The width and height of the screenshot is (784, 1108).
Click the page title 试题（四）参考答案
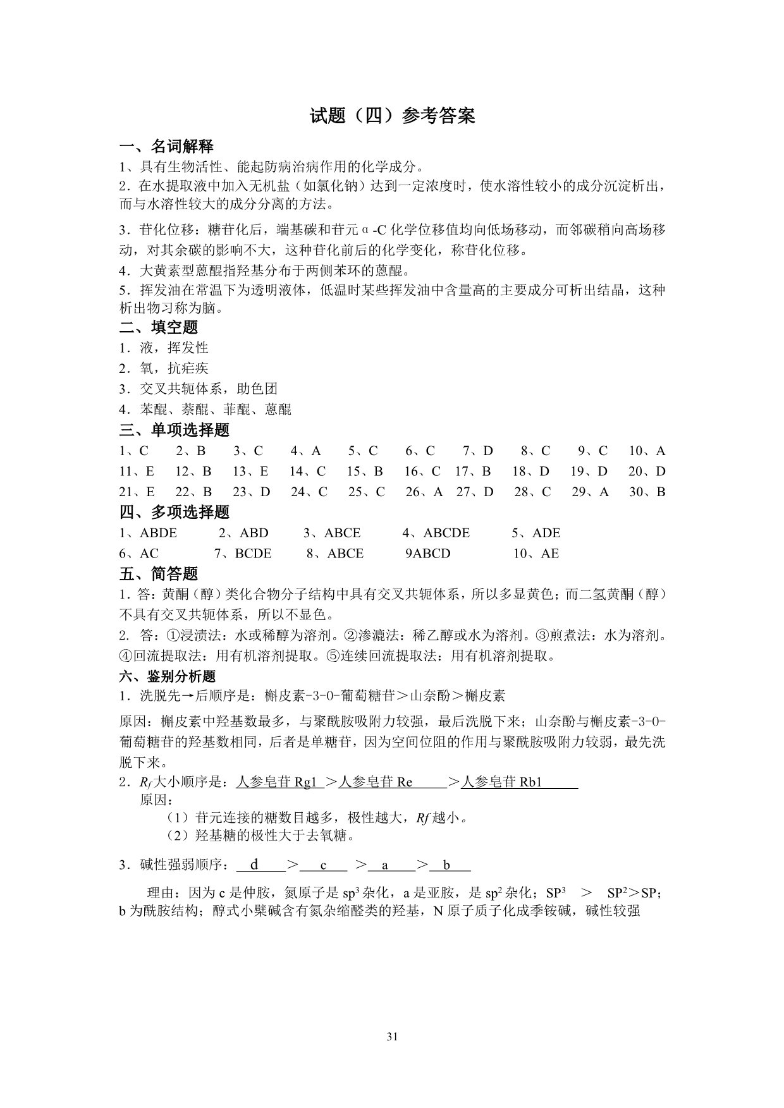(x=392, y=116)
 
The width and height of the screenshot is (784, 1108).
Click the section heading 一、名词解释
(x=166, y=147)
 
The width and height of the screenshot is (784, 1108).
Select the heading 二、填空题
(x=159, y=327)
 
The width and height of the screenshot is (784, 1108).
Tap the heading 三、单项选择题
(x=175, y=430)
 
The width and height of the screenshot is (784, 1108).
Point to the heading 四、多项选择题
(x=175, y=512)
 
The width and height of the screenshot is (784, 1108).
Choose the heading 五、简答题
(x=159, y=574)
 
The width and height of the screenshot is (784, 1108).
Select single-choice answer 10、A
(x=647, y=451)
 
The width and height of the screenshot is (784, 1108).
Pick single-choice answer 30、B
(x=647, y=492)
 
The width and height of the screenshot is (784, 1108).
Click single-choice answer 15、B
(x=365, y=472)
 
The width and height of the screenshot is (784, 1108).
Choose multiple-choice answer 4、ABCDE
(x=436, y=533)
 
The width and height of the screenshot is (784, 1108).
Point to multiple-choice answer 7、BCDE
(x=243, y=554)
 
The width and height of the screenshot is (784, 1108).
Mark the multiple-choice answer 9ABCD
(x=427, y=554)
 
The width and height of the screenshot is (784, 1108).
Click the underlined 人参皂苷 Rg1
(x=276, y=782)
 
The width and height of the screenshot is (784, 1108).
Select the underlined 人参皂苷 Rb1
(x=502, y=782)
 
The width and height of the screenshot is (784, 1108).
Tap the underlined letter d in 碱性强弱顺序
(x=255, y=865)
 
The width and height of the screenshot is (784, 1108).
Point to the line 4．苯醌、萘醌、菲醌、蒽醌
(x=205, y=410)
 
